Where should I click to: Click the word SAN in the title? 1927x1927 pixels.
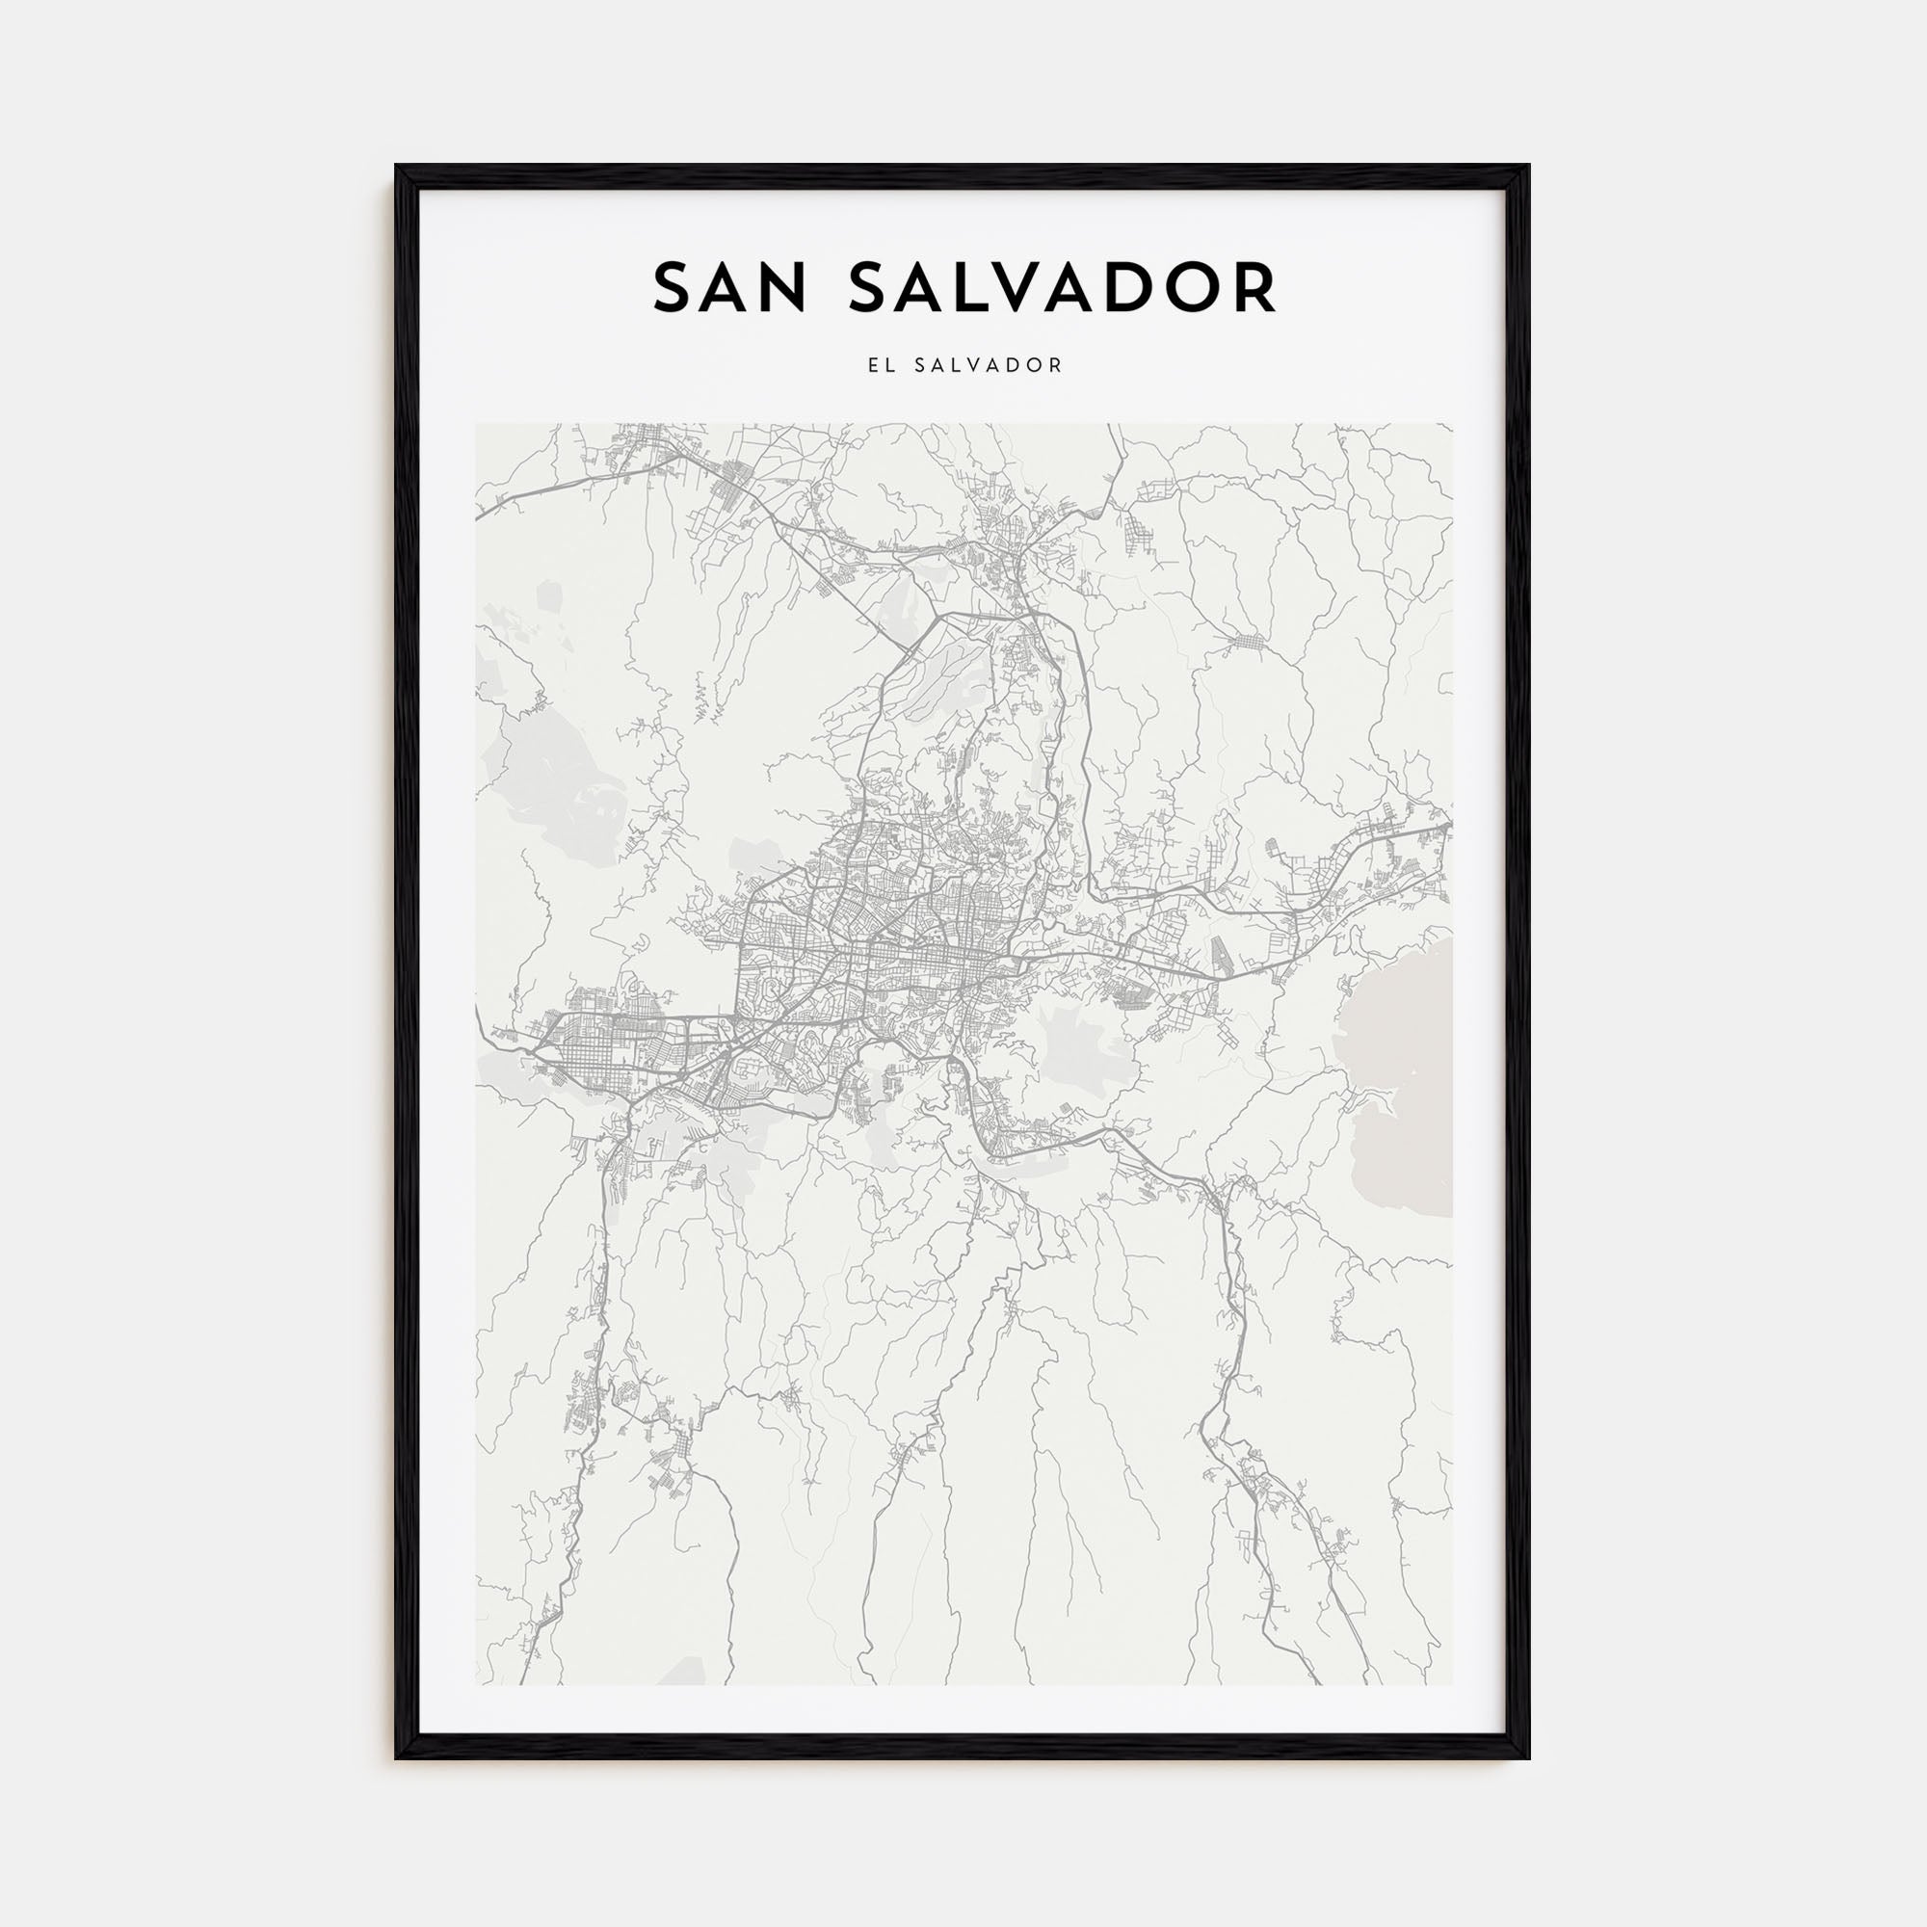tap(732, 287)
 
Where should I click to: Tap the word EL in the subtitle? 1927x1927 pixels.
tap(881, 366)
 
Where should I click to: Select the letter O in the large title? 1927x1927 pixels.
tap(1207, 287)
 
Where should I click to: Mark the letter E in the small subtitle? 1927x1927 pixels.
tap(873, 366)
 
